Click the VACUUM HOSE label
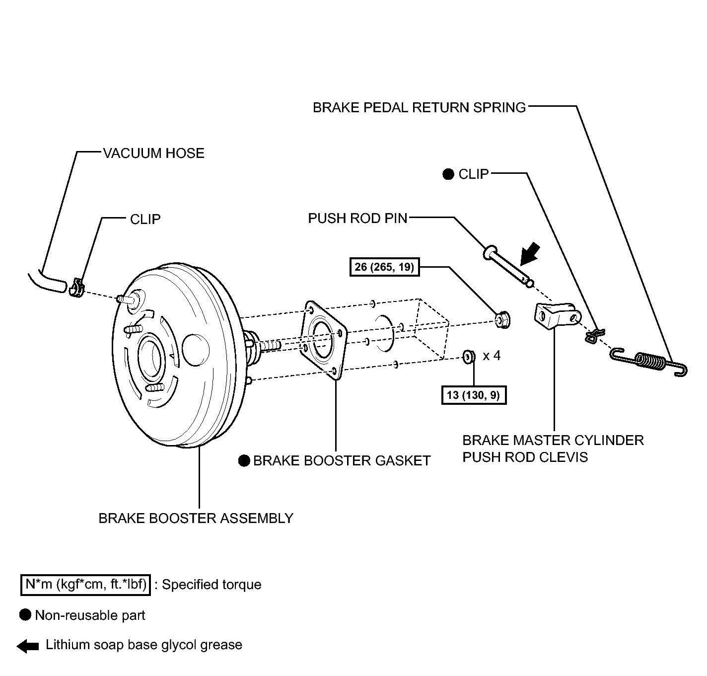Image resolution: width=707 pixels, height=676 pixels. (154, 153)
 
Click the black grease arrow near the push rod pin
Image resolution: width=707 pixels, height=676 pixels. (530, 253)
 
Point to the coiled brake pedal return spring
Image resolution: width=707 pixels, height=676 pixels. (648, 362)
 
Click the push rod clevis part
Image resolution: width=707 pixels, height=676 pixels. (558, 315)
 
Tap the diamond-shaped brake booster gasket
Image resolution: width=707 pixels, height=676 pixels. (324, 339)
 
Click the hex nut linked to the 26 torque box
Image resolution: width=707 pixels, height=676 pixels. (503, 319)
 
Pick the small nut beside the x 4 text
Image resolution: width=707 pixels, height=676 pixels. (469, 356)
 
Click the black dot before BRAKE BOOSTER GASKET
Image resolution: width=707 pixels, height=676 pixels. (244, 460)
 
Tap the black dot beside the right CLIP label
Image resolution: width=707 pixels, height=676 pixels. (448, 174)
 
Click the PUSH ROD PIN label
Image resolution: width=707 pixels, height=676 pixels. (357, 219)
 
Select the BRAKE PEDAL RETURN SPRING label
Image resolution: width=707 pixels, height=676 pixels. (419, 108)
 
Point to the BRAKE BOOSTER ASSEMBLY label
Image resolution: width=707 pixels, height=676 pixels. (196, 518)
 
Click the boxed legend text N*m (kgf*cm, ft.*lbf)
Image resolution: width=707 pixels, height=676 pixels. (86, 585)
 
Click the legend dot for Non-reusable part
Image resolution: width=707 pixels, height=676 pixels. (25, 615)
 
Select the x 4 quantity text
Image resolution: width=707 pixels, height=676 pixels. (492, 356)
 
